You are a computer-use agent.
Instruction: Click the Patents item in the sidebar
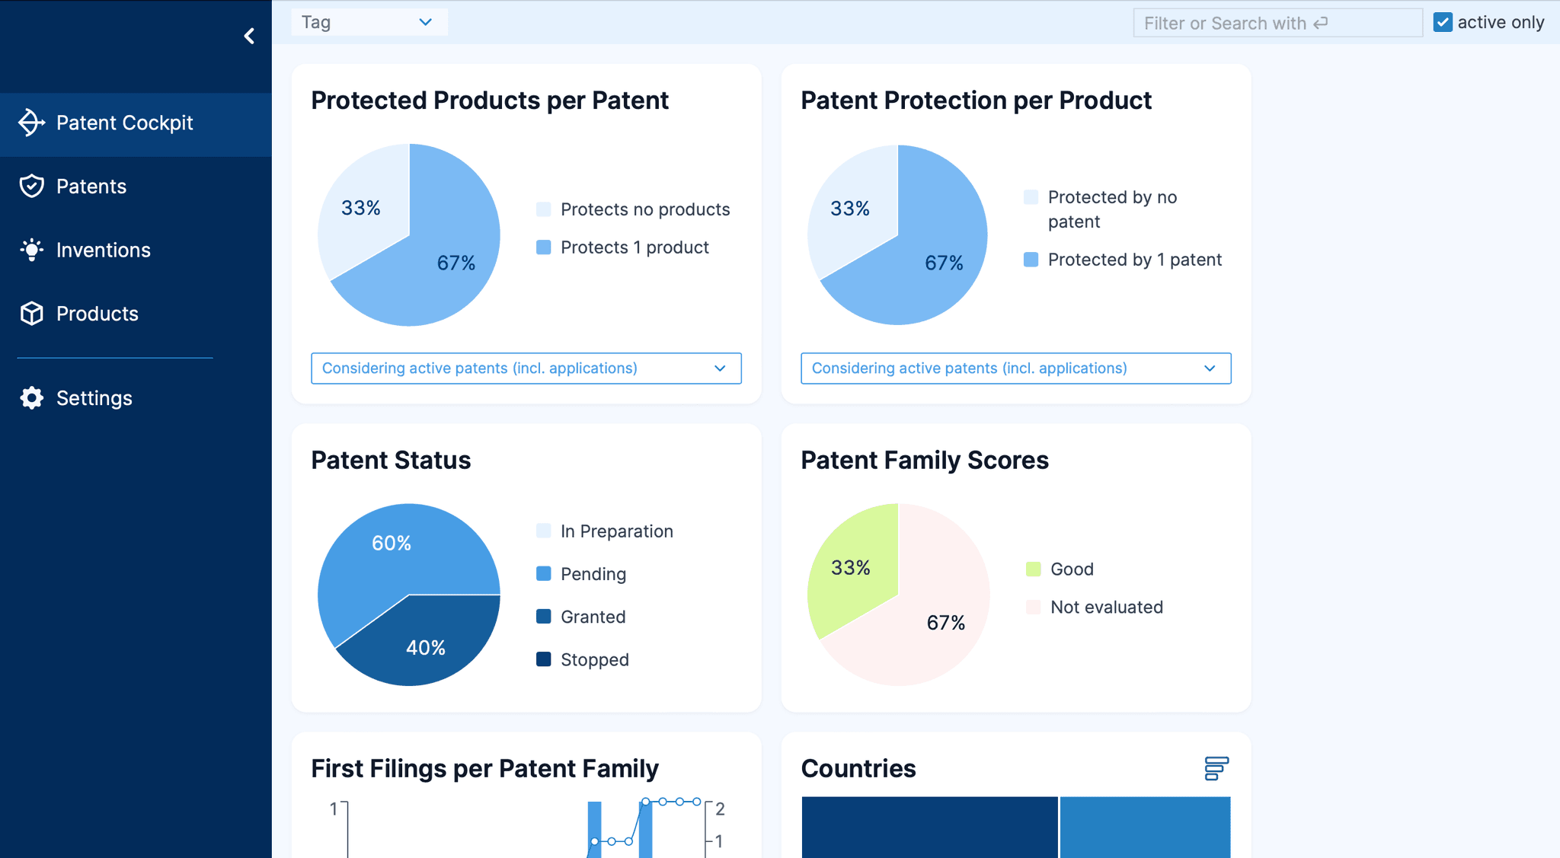coord(91,187)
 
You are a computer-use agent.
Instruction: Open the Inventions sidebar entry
coord(103,250)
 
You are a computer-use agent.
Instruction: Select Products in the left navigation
coord(97,314)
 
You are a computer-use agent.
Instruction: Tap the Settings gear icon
coord(32,398)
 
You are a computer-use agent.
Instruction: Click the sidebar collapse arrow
coord(249,36)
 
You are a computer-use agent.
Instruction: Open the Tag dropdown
coord(369,22)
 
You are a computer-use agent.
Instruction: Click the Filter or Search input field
coord(1277,23)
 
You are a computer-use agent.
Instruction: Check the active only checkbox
coord(1443,22)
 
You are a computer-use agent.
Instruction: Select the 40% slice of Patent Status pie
coord(425,647)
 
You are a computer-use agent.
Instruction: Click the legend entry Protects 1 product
coord(634,247)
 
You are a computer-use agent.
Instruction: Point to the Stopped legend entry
coord(594,659)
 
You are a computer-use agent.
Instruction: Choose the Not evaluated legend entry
coord(1106,607)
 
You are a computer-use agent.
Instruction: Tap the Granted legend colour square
coord(544,617)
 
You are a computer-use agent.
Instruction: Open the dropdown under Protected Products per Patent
coord(526,368)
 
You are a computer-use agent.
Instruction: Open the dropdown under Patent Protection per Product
coord(1015,368)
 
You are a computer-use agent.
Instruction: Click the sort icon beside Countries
coord(1216,768)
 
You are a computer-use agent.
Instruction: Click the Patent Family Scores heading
coord(925,461)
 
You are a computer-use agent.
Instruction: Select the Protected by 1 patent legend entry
coord(1133,260)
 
